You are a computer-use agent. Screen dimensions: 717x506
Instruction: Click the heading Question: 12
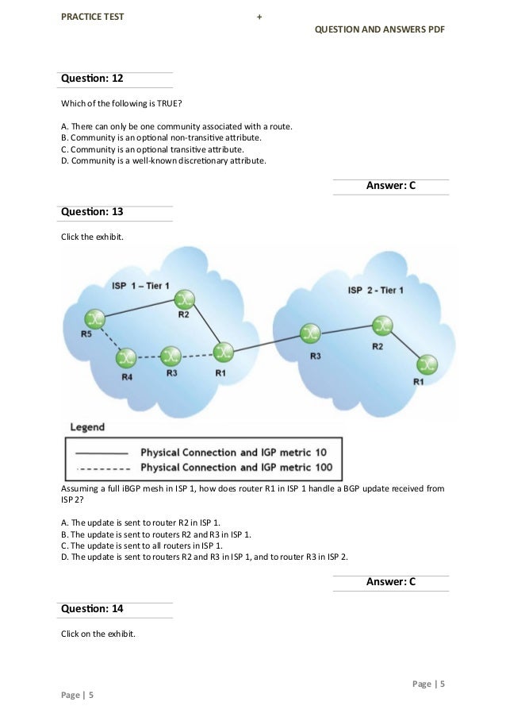coord(92,79)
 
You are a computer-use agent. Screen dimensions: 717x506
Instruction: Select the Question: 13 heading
coord(92,212)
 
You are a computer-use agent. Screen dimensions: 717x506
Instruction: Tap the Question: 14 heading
coord(92,608)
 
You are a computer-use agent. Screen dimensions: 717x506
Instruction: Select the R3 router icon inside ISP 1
coord(171,355)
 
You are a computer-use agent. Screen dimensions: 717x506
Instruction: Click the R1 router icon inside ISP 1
coord(224,350)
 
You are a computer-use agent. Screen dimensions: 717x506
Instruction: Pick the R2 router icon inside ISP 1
coord(185,298)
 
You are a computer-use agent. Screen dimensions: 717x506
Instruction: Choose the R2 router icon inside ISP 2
coord(382,326)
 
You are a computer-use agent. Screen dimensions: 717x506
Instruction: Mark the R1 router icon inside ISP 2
coord(427,364)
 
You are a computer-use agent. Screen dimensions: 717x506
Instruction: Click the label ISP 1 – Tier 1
coord(140,285)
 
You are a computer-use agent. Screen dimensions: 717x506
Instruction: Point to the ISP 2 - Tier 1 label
coord(376,290)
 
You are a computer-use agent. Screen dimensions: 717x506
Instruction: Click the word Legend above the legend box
coord(87,427)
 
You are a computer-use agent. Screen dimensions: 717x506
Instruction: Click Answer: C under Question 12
coord(391,186)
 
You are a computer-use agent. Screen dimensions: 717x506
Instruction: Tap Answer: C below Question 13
coord(391,582)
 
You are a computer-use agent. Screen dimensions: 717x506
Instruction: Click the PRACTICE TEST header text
coord(93,16)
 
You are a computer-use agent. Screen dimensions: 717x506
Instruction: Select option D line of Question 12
coord(163,160)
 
